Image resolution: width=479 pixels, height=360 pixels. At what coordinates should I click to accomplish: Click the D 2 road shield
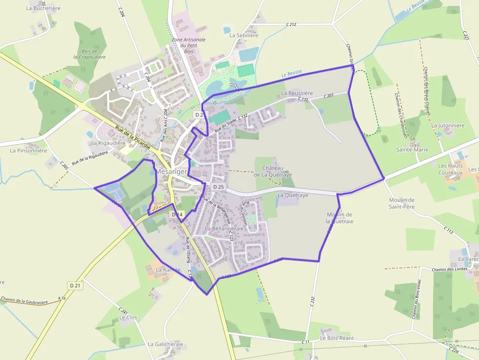coord(198,114)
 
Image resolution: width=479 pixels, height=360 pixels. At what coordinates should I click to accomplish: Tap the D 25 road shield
coord(218,187)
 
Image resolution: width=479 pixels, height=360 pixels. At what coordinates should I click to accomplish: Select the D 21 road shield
coord(74,285)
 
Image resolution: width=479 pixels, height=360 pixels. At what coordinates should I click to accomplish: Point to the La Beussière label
coord(297,93)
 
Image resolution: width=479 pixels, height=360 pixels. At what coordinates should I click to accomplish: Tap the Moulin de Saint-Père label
coord(402,203)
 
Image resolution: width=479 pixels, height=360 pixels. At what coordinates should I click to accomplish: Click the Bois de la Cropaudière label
coord(90,54)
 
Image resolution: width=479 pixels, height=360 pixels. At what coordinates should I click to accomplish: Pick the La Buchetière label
coord(43,8)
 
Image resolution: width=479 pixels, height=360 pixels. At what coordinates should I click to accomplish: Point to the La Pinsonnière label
coord(28,150)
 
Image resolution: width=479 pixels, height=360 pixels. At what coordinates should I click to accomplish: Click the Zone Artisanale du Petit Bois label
coord(189,45)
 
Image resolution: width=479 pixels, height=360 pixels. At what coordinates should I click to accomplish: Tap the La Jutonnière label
coord(448,126)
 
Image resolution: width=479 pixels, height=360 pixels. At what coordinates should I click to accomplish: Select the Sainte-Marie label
coord(412,150)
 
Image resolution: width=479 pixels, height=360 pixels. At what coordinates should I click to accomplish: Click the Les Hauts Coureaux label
coord(451,169)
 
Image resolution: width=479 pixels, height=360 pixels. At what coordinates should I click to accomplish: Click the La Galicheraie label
coord(165,344)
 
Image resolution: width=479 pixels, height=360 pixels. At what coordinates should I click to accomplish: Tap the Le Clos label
coord(129,318)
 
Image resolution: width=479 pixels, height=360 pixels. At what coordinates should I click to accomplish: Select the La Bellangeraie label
coord(224,229)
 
